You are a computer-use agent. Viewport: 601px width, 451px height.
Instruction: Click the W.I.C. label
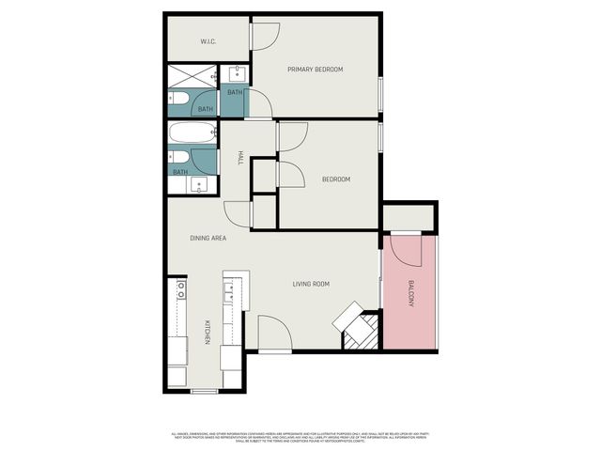click(209, 41)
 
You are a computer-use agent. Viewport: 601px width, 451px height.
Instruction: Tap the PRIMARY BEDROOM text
click(315, 70)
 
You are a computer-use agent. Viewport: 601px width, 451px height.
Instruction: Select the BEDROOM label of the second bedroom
click(335, 179)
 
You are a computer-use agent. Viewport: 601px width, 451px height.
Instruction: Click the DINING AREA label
click(207, 238)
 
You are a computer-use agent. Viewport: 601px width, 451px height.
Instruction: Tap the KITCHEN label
click(207, 334)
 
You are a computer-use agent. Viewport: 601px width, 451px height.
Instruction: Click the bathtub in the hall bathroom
click(193, 132)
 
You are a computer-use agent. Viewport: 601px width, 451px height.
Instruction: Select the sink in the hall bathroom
click(197, 184)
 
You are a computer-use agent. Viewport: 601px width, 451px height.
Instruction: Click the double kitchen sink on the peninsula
click(229, 299)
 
